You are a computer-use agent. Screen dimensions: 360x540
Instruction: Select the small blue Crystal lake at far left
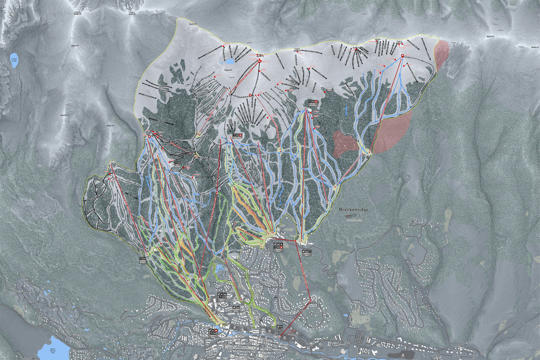click(14, 60)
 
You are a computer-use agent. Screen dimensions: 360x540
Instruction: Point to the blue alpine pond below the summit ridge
click(229, 61)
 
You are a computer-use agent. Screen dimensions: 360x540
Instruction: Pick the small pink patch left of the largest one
click(346, 143)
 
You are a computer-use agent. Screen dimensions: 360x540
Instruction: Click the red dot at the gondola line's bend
click(311, 300)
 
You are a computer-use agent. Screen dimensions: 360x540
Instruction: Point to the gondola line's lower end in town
click(280, 337)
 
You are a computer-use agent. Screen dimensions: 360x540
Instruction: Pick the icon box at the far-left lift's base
click(143, 259)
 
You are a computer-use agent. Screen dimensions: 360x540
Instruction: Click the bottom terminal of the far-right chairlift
click(368, 155)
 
